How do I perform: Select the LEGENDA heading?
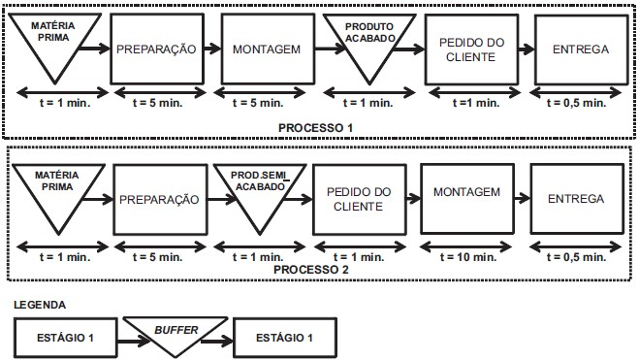(x=41, y=303)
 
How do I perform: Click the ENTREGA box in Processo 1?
(x=579, y=48)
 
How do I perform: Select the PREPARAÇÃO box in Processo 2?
(x=159, y=199)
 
